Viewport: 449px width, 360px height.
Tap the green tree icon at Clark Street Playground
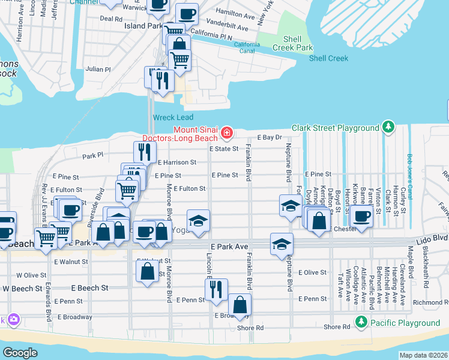[x=389, y=127]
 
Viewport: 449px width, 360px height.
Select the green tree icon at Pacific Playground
[x=361, y=323]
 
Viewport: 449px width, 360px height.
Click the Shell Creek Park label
[x=293, y=43]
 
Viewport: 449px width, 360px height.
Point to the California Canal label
[x=247, y=47]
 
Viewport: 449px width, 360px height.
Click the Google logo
[x=20, y=353]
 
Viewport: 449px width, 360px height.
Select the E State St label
[x=223, y=149]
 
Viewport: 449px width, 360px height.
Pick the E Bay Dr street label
[x=270, y=137]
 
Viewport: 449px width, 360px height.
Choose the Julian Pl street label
[x=98, y=70]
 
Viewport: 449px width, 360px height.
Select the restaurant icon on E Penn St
[x=216, y=289]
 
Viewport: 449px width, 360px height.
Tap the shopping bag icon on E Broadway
[x=240, y=304]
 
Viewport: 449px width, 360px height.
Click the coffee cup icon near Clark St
[x=361, y=216]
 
